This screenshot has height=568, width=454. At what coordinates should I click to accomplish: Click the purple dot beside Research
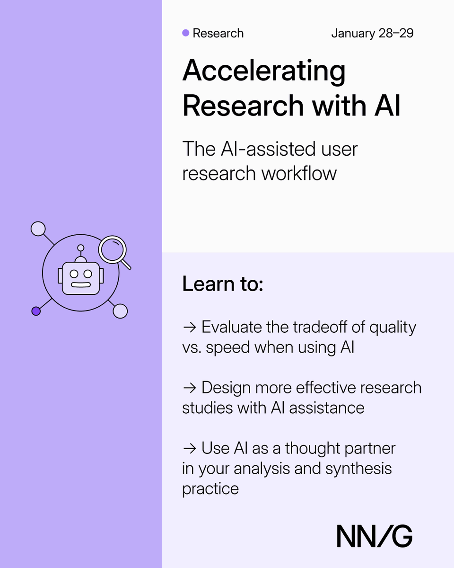click(186, 33)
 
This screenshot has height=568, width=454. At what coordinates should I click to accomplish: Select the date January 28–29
click(372, 34)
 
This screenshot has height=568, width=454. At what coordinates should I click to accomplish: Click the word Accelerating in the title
click(264, 71)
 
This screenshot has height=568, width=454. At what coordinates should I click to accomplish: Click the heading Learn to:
click(222, 284)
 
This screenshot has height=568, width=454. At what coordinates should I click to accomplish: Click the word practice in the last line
click(210, 488)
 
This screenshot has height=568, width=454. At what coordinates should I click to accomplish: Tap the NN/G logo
click(375, 536)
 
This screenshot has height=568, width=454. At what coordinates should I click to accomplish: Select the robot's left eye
click(74, 274)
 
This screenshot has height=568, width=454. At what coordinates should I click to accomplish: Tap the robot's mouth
click(80, 285)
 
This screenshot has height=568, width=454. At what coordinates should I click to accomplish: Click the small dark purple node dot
click(36, 311)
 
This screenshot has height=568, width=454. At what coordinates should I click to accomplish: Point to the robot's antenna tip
click(81, 248)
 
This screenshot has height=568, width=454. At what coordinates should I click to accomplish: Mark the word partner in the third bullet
click(366, 448)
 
